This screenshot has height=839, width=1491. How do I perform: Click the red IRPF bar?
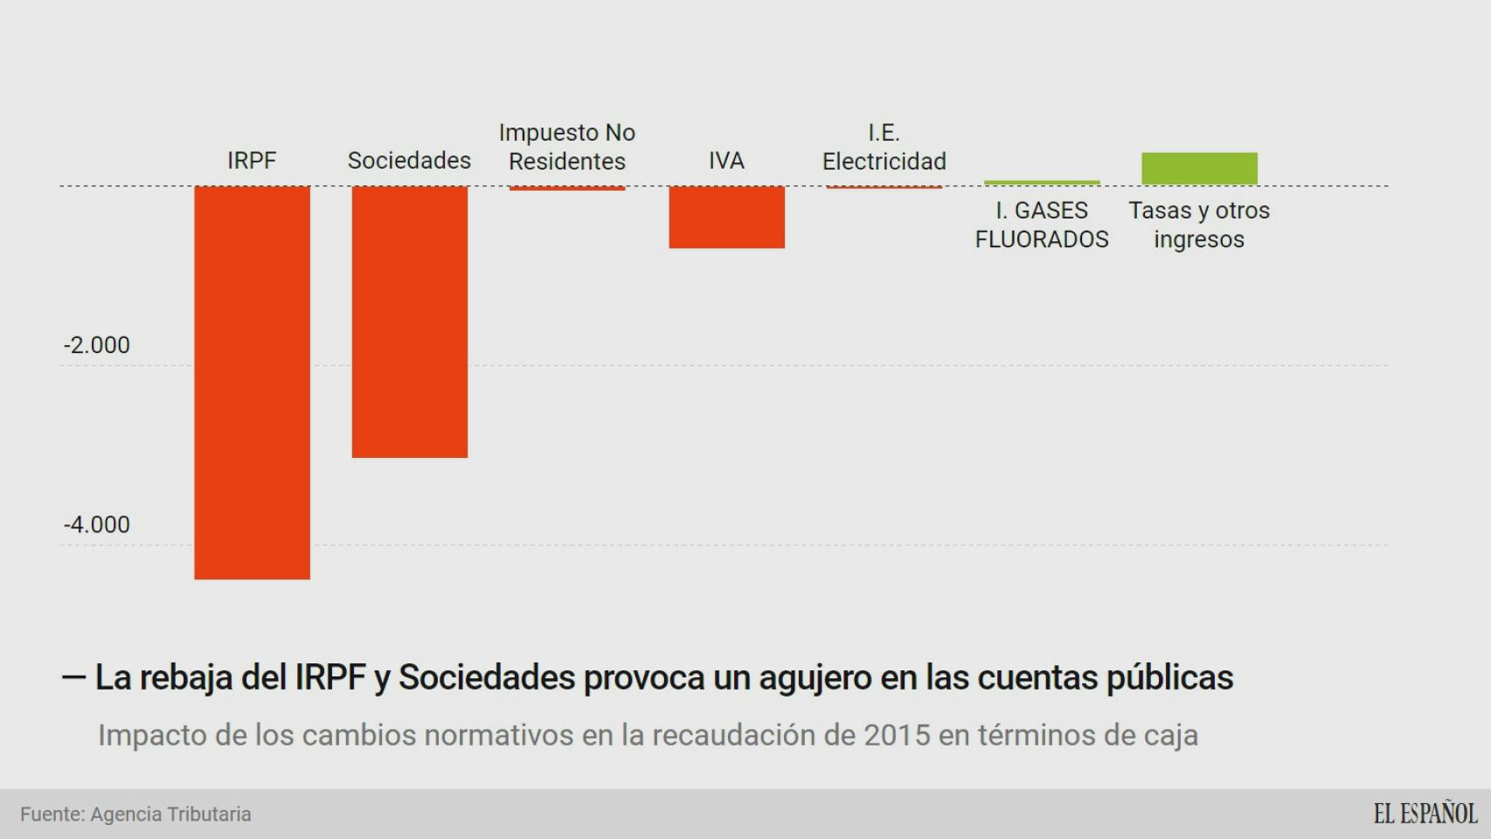click(x=252, y=382)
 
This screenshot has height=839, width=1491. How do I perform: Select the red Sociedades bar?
click(x=409, y=321)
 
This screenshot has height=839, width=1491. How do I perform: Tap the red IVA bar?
click(x=726, y=217)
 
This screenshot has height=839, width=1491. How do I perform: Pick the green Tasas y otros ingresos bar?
click(x=1199, y=168)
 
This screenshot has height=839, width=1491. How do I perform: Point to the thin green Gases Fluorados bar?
click(x=1042, y=183)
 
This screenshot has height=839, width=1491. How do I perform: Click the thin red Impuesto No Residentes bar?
click(x=567, y=188)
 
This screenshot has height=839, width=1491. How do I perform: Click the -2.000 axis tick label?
click(x=97, y=345)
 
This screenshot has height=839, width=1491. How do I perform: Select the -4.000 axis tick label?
click(x=97, y=524)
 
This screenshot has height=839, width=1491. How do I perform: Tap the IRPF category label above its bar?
click(x=252, y=161)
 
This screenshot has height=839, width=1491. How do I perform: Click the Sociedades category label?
click(x=409, y=161)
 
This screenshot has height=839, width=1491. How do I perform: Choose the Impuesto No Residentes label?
click(x=567, y=147)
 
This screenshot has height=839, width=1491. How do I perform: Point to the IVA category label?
click(x=726, y=161)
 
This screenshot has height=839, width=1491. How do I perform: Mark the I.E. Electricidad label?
click(x=884, y=147)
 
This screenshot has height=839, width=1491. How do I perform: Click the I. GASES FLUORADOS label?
click(x=1042, y=225)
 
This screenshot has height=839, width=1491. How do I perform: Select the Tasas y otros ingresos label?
click(x=1199, y=225)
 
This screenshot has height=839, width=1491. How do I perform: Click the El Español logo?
click(x=1425, y=813)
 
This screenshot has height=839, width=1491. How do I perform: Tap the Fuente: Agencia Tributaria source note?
click(x=135, y=814)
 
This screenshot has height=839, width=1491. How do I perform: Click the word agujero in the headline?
click(x=815, y=678)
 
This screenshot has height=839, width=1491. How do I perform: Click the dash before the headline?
click(x=73, y=677)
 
